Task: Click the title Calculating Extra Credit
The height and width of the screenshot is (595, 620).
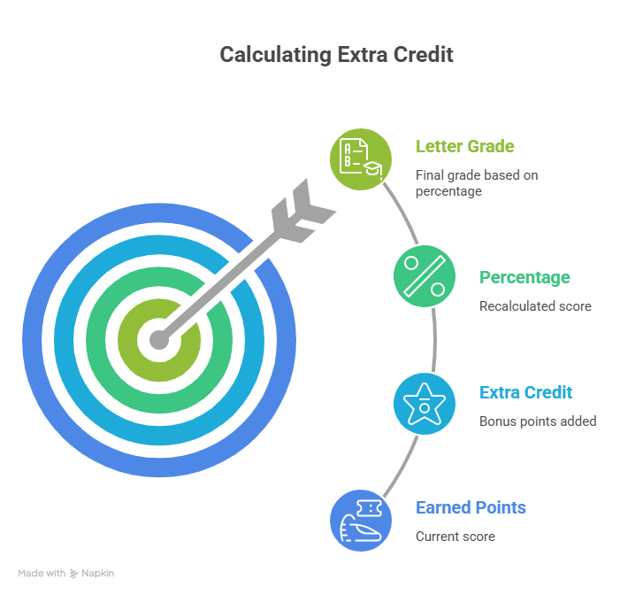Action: pos(336,55)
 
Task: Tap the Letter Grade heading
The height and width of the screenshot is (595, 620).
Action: pos(464,146)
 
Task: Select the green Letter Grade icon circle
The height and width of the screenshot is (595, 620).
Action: pos(360,158)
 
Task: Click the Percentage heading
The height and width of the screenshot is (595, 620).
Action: pos(524,277)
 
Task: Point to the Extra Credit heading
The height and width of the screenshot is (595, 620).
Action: pos(525,392)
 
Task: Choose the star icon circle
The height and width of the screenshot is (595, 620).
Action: pos(424,403)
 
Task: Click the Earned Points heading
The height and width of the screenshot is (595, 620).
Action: pos(471,507)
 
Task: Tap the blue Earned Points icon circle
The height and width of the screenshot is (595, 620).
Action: pos(360,520)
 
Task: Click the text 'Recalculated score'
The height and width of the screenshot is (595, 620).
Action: pos(534,306)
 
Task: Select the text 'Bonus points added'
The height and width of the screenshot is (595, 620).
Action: pos(537,421)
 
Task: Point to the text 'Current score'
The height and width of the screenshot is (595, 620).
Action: pos(455,537)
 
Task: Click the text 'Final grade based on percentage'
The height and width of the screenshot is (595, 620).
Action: pos(476,182)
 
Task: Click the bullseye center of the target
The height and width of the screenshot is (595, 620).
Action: pos(158,339)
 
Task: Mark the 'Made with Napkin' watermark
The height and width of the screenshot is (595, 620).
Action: pos(66,574)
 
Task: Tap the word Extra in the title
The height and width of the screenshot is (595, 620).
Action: pos(360,55)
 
